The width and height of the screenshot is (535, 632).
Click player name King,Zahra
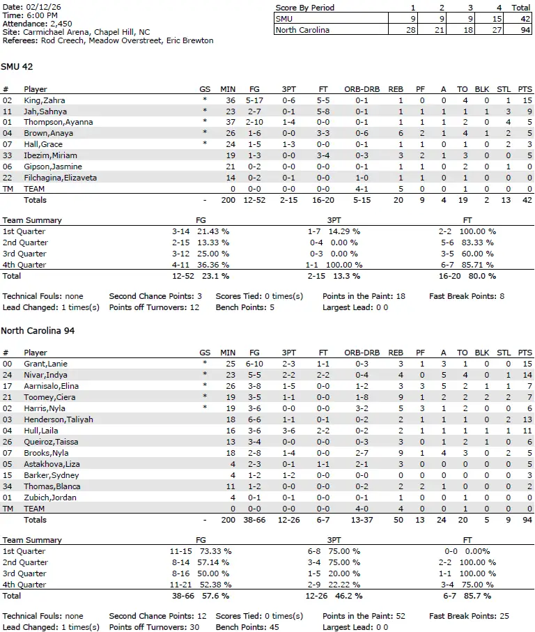45,100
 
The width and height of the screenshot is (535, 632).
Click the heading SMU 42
17,67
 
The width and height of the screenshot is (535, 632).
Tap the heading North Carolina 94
38,330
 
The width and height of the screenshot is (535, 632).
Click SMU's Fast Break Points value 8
502,296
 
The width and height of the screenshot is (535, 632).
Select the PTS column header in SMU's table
525,89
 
